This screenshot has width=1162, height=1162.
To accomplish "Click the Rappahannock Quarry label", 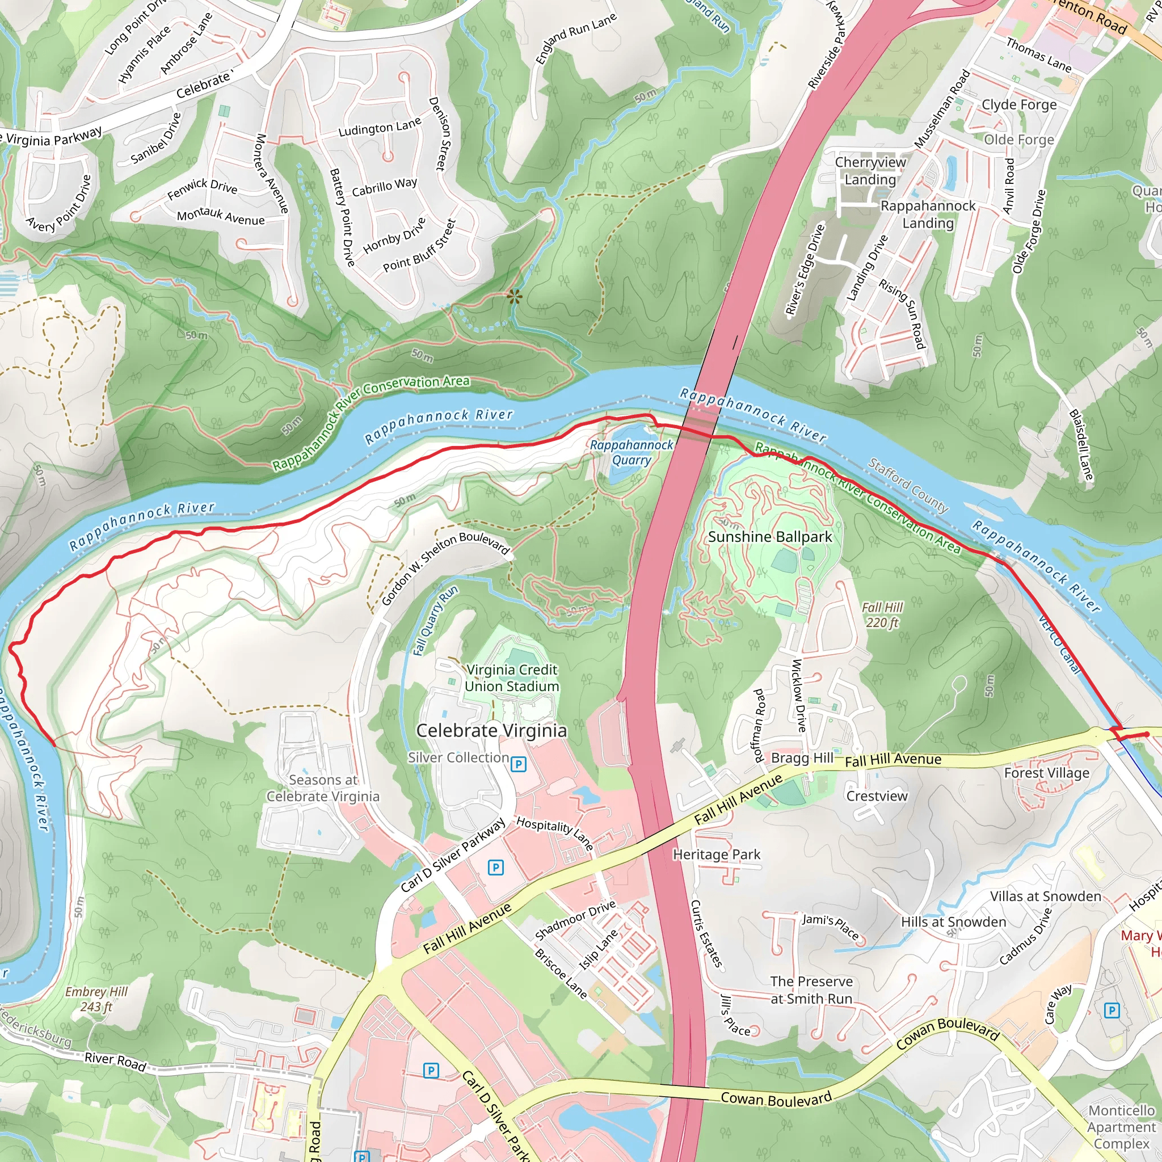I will pyautogui.click(x=631, y=452).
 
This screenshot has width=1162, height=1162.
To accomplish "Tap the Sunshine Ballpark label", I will pyautogui.click(x=769, y=537).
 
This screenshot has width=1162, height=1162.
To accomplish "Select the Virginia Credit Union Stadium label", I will pyautogui.click(x=511, y=678).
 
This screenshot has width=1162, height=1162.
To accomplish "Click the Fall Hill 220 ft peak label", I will pyautogui.click(x=882, y=614).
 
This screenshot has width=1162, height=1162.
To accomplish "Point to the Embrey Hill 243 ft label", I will pyautogui.click(x=96, y=999).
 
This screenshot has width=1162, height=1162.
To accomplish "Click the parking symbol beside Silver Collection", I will pyautogui.click(x=518, y=764).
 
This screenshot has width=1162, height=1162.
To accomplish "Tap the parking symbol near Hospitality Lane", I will pyautogui.click(x=495, y=867).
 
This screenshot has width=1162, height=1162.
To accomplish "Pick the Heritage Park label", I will pyautogui.click(x=717, y=854).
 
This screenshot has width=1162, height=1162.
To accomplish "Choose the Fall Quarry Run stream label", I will pyautogui.click(x=435, y=620).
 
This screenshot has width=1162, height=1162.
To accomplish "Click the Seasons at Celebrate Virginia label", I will pyautogui.click(x=323, y=788).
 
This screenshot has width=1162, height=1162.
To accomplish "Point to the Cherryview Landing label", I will pyautogui.click(x=870, y=171).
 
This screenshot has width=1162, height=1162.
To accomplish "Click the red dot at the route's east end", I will pyautogui.click(x=1146, y=734).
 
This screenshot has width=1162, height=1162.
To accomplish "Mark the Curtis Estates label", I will pyautogui.click(x=705, y=933).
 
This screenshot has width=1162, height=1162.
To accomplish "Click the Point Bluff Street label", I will pyautogui.click(x=419, y=245).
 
